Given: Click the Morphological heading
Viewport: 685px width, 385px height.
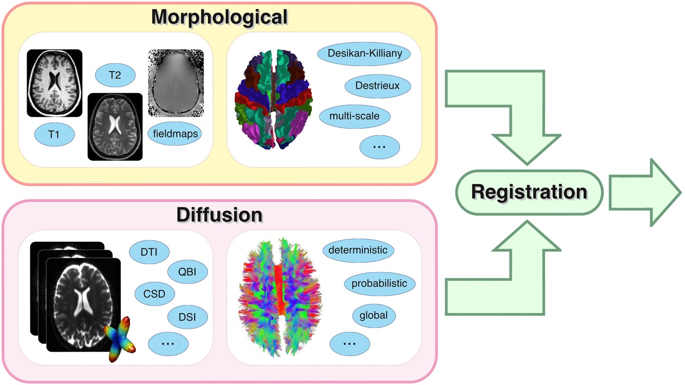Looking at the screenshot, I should (x=219, y=18).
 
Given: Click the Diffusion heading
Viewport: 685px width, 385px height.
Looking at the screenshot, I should (x=219, y=215).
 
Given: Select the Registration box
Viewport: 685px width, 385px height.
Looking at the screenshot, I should (x=529, y=193).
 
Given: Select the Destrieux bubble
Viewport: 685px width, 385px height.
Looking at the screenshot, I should (x=377, y=86).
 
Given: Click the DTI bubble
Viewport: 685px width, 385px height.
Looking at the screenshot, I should (x=150, y=252).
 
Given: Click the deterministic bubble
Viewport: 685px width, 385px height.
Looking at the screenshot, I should (x=358, y=250).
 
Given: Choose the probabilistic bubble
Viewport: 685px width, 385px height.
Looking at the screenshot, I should (x=379, y=284).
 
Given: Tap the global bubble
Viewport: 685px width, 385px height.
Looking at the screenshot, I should (x=373, y=315).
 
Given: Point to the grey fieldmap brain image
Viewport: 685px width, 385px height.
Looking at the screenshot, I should (x=176, y=82).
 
